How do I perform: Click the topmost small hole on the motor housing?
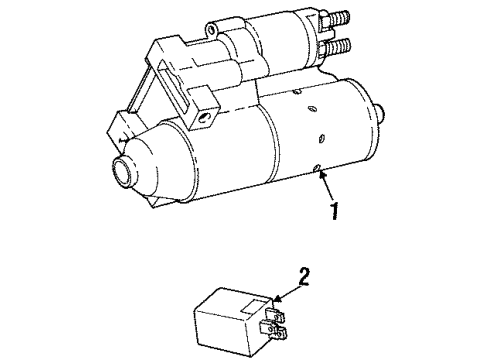(311, 109)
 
